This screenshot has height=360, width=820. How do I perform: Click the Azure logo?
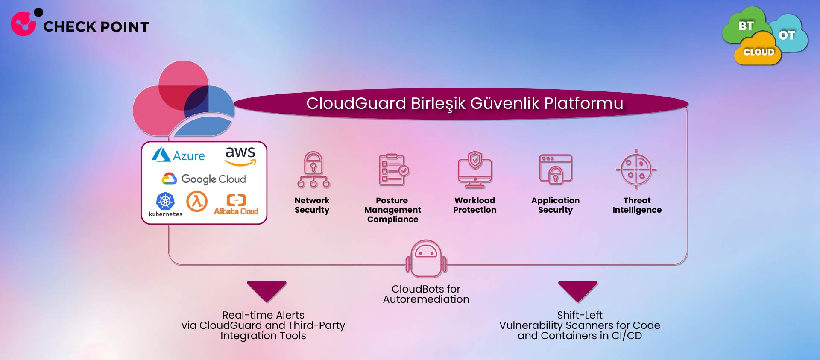178,155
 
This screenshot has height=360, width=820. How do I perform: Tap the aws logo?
240,155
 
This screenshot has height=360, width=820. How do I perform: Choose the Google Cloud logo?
204,179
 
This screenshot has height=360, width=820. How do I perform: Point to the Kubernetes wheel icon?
165,201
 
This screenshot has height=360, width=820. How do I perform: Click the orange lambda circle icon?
197,201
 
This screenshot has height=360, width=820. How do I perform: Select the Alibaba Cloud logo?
236,204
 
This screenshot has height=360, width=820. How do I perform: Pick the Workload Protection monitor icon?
475,170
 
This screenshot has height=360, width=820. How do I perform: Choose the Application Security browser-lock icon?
555,170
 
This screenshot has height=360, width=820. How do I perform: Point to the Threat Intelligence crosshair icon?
636,170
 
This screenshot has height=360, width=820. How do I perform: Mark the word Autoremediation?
426,299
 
